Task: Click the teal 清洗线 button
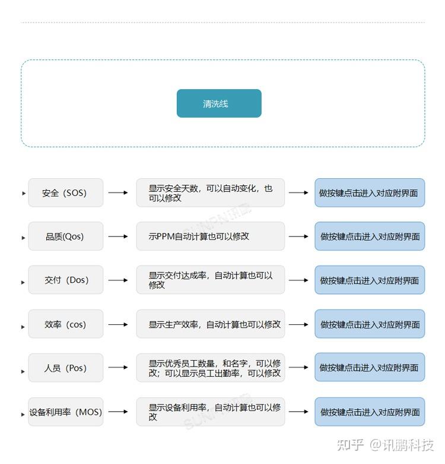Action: [x=219, y=103]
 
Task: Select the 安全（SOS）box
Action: [x=65, y=193]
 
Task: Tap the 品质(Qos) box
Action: [x=65, y=236]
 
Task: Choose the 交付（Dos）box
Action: [x=65, y=280]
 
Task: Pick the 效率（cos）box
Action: [x=65, y=324]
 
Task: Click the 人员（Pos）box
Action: [x=65, y=368]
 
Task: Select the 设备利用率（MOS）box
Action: [x=65, y=412]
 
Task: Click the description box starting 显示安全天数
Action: [x=210, y=193]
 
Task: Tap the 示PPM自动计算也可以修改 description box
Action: [x=210, y=236]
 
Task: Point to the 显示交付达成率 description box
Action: [x=210, y=280]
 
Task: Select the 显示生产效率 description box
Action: [x=210, y=324]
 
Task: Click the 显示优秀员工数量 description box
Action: [x=210, y=368]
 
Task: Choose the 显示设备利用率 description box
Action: [x=210, y=412]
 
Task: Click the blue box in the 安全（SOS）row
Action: [x=370, y=193]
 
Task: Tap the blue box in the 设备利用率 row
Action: [x=370, y=412]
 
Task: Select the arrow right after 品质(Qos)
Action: [x=118, y=236]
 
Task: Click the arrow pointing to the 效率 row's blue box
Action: [x=298, y=324]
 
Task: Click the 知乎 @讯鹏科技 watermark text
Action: [x=385, y=445]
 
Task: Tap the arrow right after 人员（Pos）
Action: [x=118, y=368]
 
